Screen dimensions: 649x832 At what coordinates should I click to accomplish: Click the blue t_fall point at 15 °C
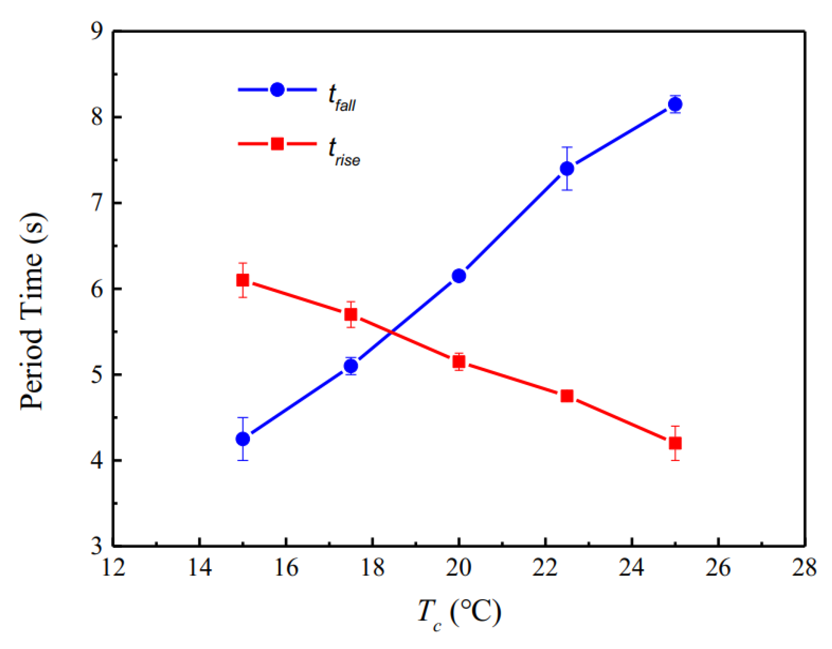point(243,439)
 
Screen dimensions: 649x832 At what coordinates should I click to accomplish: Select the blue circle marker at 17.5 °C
point(351,366)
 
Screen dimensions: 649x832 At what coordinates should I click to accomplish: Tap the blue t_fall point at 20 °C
point(459,276)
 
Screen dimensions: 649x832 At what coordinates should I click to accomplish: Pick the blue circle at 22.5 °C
point(567,168)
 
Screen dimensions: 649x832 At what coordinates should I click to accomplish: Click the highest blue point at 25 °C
point(675,104)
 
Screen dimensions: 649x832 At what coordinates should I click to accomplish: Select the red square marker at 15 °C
point(243,280)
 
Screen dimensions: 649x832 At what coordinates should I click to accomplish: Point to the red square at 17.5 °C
point(351,315)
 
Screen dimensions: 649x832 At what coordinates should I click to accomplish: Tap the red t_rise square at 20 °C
point(459,362)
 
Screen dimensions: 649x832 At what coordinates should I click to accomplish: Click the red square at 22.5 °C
point(567,396)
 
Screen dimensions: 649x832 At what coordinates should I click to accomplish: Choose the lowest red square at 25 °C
point(675,443)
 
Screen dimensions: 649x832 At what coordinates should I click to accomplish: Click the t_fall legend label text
point(342,98)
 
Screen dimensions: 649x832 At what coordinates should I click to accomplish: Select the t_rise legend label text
point(344,152)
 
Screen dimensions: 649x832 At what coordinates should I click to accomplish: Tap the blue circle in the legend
point(277,90)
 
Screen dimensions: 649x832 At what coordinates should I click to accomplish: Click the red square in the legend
point(277,143)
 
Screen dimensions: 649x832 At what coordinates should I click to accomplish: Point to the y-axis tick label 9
point(97,31)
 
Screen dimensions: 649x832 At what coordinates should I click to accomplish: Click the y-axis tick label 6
point(97,289)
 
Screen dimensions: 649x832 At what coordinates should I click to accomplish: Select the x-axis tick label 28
point(804,568)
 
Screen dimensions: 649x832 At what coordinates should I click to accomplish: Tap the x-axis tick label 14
point(199,568)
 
